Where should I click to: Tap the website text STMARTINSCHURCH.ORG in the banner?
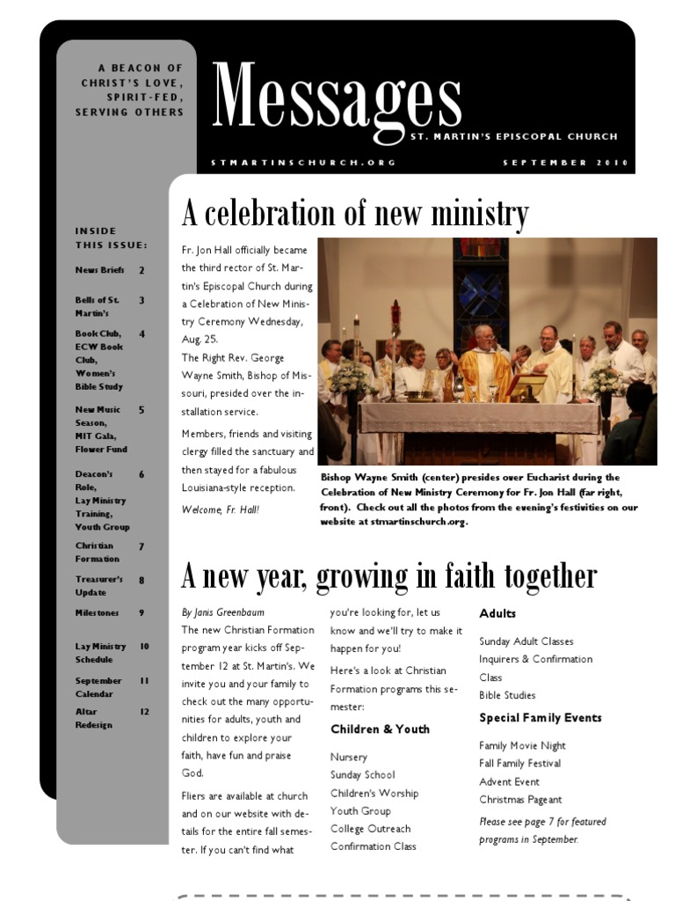pyautogui.click(x=303, y=163)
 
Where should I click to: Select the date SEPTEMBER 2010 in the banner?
pyautogui.click(x=560, y=163)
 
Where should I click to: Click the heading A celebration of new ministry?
pyautogui.click(x=355, y=214)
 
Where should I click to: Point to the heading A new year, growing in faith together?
pyautogui.click(x=388, y=576)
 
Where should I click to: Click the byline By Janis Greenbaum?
pyautogui.click(x=222, y=612)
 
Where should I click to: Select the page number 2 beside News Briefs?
pyautogui.click(x=142, y=271)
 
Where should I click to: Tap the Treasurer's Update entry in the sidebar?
pyautogui.click(x=98, y=586)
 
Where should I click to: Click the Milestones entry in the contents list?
pyautogui.click(x=98, y=612)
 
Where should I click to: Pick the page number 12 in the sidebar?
pyautogui.click(x=144, y=711)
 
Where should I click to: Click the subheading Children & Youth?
pyautogui.click(x=380, y=729)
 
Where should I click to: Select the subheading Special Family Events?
pyautogui.click(x=540, y=718)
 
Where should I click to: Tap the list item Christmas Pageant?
pyautogui.click(x=520, y=800)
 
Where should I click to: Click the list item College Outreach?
pyautogui.click(x=370, y=829)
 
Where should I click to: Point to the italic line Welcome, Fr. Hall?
pyautogui.click(x=221, y=509)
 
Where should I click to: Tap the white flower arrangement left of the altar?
pyautogui.click(x=352, y=376)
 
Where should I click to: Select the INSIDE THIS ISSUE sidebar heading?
pyautogui.click(x=111, y=238)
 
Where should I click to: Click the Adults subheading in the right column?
pyautogui.click(x=497, y=613)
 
